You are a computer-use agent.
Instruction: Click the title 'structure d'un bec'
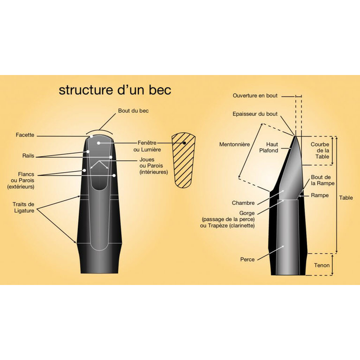[x=115, y=90]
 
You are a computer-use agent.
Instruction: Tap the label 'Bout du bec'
[x=133, y=111]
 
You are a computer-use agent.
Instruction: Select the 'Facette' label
[x=25, y=135]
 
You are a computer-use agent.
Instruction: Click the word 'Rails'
[x=28, y=156]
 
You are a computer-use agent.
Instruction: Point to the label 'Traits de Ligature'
[x=23, y=208]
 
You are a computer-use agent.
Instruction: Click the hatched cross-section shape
[x=184, y=160]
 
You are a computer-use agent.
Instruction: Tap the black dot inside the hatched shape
[x=184, y=143]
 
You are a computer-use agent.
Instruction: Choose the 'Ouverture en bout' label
[x=255, y=96]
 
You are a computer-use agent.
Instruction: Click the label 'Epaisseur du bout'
[x=255, y=114]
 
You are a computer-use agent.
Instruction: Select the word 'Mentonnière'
[x=234, y=144]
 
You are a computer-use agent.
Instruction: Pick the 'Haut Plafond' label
[x=269, y=147]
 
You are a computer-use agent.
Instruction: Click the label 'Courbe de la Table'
[x=320, y=150]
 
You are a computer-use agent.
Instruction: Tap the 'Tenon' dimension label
[x=322, y=265]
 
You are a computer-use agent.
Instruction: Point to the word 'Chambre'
[x=243, y=203]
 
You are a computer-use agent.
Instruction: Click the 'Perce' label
[x=247, y=259]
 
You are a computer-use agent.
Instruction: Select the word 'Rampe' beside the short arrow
[x=320, y=195]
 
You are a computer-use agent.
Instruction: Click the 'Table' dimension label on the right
[x=346, y=198]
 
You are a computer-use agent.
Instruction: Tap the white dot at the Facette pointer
[x=91, y=136]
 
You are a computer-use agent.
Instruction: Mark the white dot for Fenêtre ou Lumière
[x=98, y=143]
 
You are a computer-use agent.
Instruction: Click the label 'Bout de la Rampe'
[x=322, y=180]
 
